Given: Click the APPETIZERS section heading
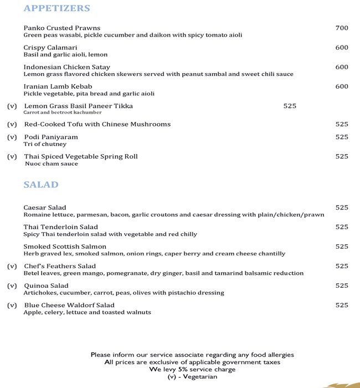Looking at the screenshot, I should (56, 9).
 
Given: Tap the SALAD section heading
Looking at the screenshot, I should (41, 185).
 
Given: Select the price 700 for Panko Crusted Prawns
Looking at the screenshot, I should (342, 28).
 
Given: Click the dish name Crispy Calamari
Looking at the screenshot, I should (50, 48).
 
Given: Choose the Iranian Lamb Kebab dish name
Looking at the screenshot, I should (58, 86).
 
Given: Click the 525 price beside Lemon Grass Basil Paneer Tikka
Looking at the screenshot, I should (290, 106).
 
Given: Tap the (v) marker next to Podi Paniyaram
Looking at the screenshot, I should (12, 137).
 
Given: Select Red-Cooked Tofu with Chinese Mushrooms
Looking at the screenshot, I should (97, 124).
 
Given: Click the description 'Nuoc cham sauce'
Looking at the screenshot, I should (52, 164).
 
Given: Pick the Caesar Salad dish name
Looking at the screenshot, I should (45, 207).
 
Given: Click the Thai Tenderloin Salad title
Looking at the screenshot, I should (60, 227).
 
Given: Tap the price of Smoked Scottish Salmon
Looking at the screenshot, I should (342, 247).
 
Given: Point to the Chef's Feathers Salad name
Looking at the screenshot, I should (60, 266).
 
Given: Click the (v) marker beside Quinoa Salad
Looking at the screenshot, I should (12, 285).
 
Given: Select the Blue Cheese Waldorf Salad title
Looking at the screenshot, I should (69, 305).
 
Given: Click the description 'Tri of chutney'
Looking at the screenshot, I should (45, 144).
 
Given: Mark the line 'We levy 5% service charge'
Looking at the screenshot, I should (192, 369).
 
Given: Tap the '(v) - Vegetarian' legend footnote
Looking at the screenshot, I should (192, 376).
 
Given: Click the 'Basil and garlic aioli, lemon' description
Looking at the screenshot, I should (65, 55).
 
